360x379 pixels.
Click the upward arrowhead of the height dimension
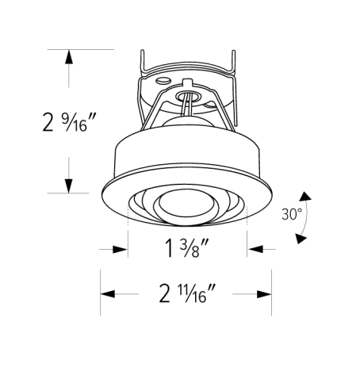70,57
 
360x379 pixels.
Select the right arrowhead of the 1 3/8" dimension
255,249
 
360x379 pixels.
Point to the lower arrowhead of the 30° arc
301,237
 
